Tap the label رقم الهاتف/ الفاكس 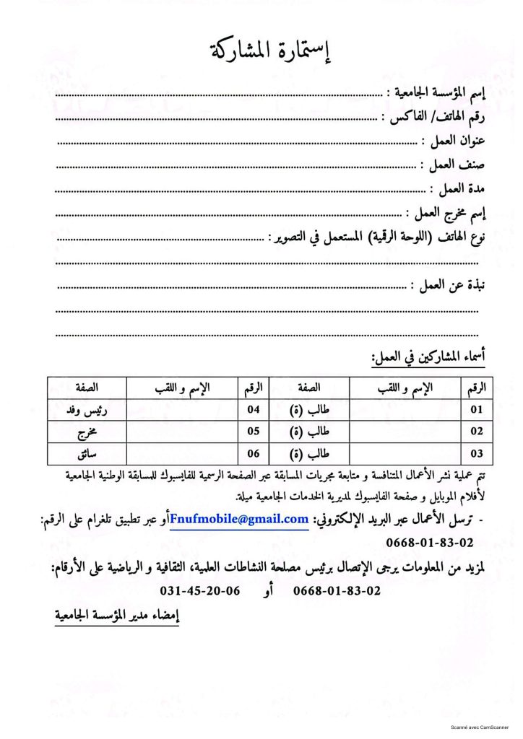click(x=436, y=117)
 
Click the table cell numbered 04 click(x=253, y=409)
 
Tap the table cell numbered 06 click(x=253, y=455)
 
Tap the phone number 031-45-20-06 click(x=200, y=590)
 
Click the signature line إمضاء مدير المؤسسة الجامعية click(x=117, y=616)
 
